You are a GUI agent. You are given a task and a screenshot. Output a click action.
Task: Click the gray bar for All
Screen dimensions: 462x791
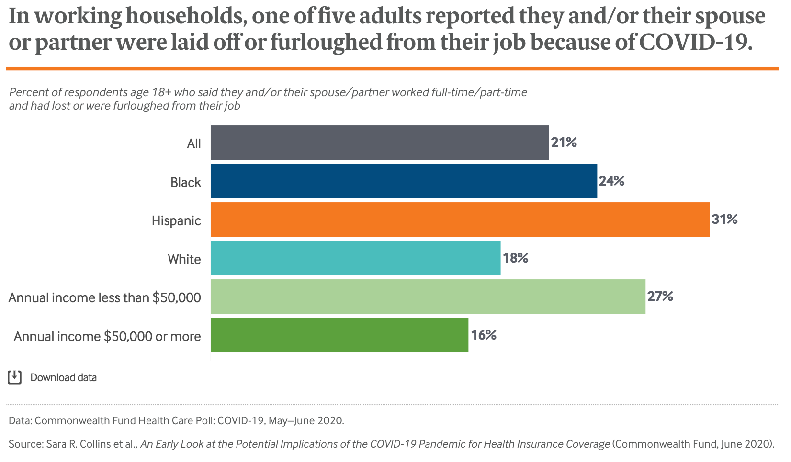point(380,143)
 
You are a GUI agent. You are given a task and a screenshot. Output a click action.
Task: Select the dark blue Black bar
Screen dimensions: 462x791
point(404,181)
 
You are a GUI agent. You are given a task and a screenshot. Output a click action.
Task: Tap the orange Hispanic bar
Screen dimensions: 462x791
point(460,220)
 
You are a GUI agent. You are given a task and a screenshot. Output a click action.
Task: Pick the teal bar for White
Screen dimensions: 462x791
point(355,258)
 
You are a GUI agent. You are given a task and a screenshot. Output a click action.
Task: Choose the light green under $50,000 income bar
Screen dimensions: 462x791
point(428,297)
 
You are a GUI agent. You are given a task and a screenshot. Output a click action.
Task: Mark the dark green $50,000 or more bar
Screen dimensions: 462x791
point(339,335)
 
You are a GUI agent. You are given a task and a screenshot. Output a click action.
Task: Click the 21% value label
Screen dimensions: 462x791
point(564,143)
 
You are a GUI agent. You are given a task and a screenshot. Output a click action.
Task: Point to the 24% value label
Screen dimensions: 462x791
point(612,181)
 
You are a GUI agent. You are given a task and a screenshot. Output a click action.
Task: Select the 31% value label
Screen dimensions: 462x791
point(724,220)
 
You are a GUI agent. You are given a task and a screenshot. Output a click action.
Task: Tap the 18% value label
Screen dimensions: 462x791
point(516,258)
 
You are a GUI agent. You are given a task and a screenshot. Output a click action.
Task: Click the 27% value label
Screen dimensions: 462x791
point(660,297)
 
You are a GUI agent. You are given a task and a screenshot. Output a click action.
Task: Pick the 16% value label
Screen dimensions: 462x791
point(484,335)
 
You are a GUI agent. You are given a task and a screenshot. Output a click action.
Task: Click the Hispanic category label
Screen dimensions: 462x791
point(176,221)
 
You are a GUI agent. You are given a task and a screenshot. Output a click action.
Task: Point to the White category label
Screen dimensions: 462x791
point(184,260)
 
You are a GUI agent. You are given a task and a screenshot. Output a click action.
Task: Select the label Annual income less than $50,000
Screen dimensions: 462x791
point(105,298)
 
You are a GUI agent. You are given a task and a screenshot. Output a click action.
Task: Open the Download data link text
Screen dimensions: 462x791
point(63,378)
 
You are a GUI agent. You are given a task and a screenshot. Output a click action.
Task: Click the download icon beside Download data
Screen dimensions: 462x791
point(15,377)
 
